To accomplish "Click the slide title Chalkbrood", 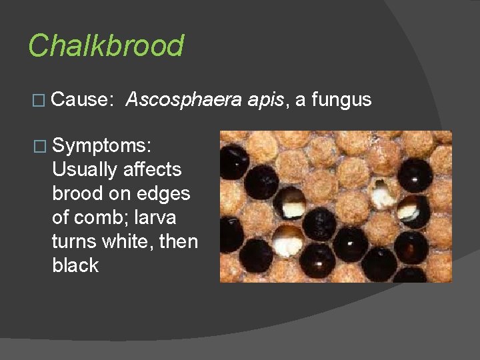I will (105, 46).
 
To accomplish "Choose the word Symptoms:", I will (103, 145).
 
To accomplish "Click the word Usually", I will (85, 169).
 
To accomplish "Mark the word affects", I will (152, 169).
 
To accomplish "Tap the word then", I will (181, 241).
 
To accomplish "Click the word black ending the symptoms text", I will (75, 265).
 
